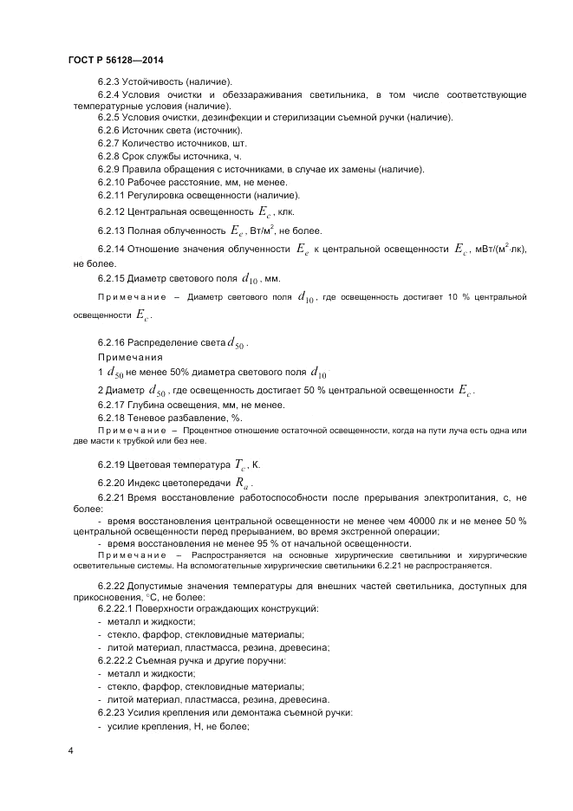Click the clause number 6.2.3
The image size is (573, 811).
click(x=110, y=81)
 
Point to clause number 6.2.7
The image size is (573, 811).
click(x=110, y=142)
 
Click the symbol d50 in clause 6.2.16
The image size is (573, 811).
click(x=236, y=344)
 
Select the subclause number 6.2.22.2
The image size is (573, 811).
click(x=116, y=661)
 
